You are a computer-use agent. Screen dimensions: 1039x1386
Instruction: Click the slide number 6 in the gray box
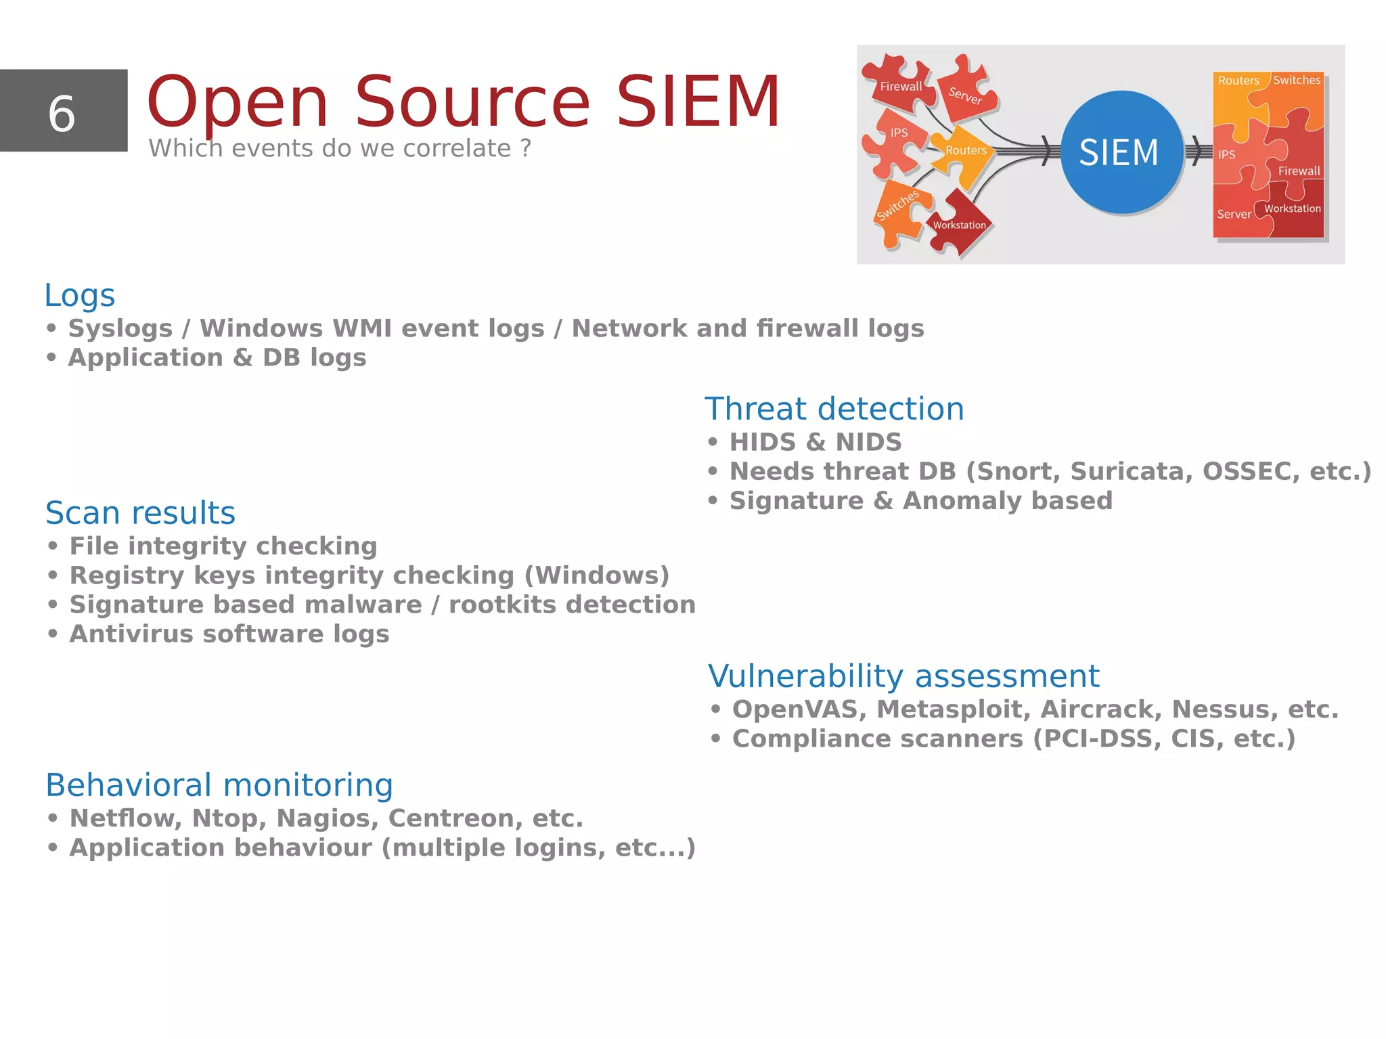point(62,113)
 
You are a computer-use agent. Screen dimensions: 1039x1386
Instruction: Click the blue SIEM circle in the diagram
point(1120,152)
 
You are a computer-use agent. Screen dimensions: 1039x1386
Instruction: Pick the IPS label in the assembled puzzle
point(1226,155)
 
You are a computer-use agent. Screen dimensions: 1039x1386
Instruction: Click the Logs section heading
point(79,296)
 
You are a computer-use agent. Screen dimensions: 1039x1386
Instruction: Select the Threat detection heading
point(834,409)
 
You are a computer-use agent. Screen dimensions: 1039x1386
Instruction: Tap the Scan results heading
point(140,513)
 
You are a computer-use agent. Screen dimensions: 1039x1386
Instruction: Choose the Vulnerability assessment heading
point(903,676)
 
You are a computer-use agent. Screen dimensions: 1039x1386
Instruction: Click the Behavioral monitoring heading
point(219,785)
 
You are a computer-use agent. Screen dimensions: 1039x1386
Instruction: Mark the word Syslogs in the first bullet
point(120,328)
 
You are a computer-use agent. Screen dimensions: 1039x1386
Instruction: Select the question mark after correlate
point(526,148)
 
